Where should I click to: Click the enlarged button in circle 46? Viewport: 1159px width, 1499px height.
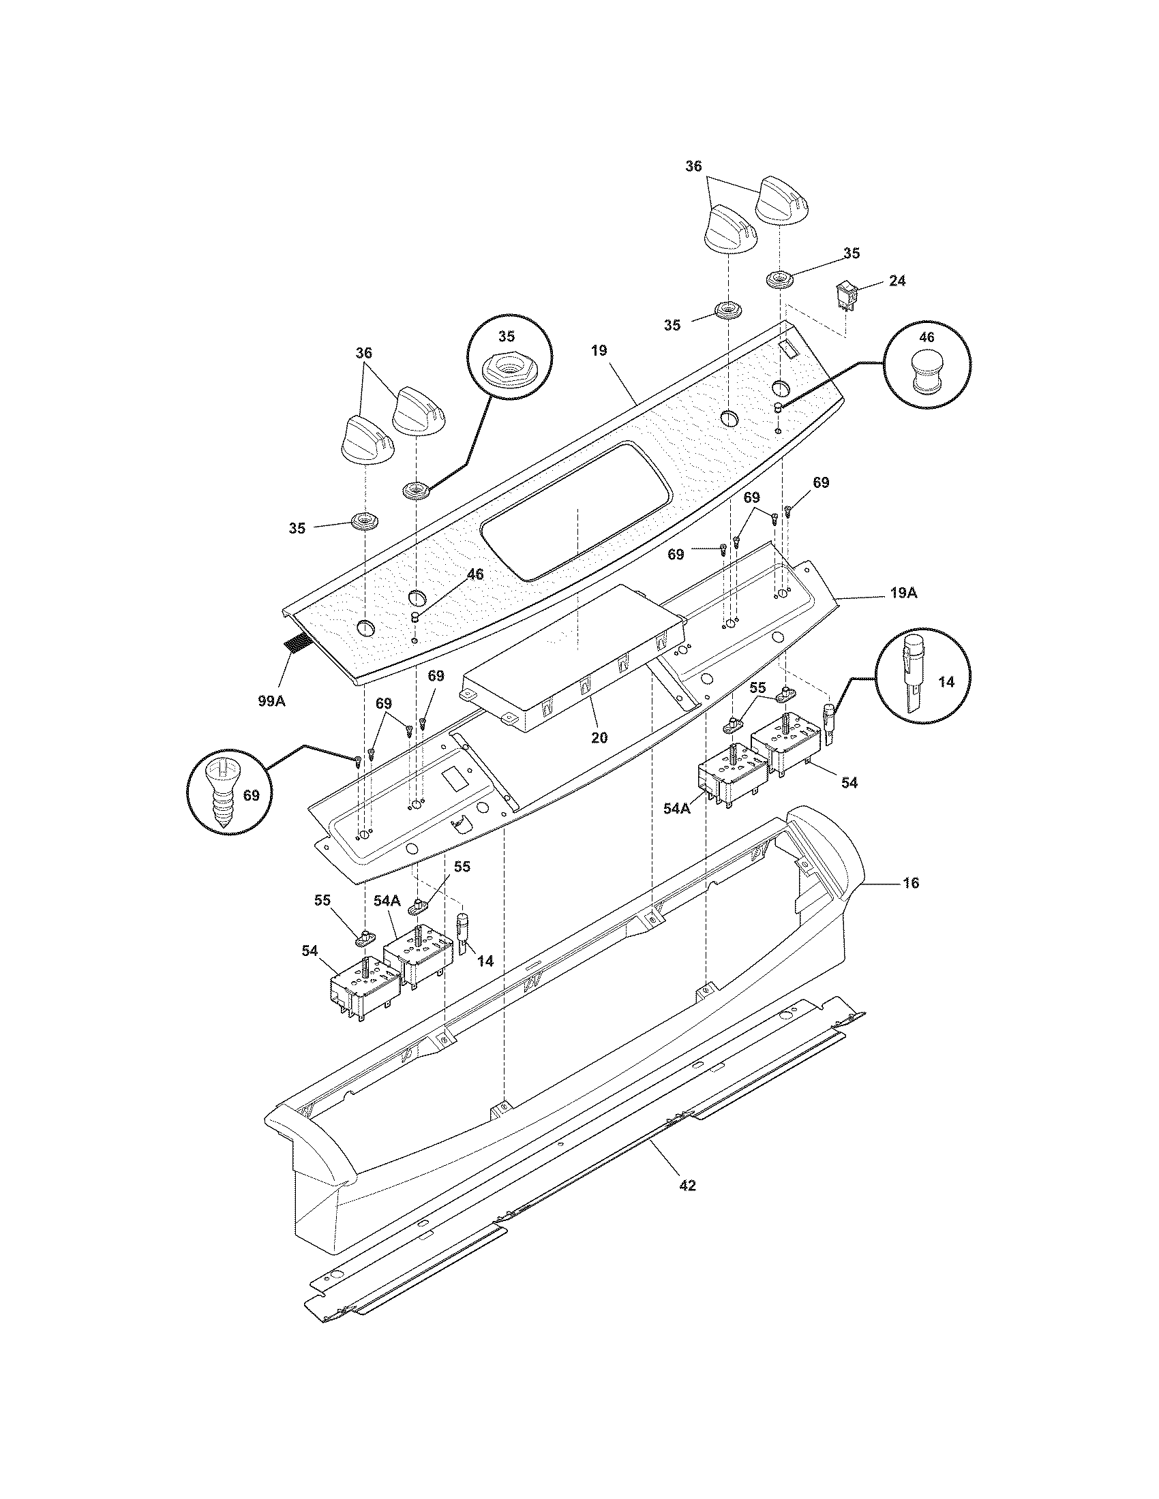(x=927, y=373)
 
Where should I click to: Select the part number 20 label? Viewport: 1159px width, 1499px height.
(x=599, y=738)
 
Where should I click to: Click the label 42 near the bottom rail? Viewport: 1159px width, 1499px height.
(x=687, y=1186)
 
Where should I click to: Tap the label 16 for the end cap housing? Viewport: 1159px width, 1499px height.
(x=910, y=882)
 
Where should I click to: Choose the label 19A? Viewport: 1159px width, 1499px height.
(x=903, y=593)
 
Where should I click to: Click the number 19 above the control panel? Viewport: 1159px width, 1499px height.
(x=599, y=351)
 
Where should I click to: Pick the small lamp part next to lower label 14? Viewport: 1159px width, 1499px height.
(x=464, y=934)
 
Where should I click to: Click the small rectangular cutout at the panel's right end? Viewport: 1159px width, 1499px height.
(x=787, y=350)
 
